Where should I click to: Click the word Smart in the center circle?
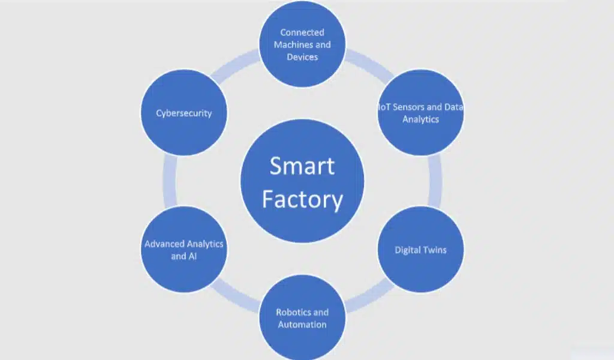(302, 166)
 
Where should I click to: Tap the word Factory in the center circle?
(302, 199)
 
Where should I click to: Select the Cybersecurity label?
(183, 113)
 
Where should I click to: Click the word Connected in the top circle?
(302, 32)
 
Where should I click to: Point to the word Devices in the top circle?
(302, 57)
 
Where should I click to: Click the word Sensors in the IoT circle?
(408, 107)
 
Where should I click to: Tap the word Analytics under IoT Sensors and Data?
(420, 119)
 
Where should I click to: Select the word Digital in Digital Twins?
(408, 250)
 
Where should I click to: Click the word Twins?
(434, 250)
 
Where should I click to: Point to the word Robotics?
(293, 312)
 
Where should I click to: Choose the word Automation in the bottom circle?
(302, 325)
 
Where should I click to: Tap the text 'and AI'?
(183, 256)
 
